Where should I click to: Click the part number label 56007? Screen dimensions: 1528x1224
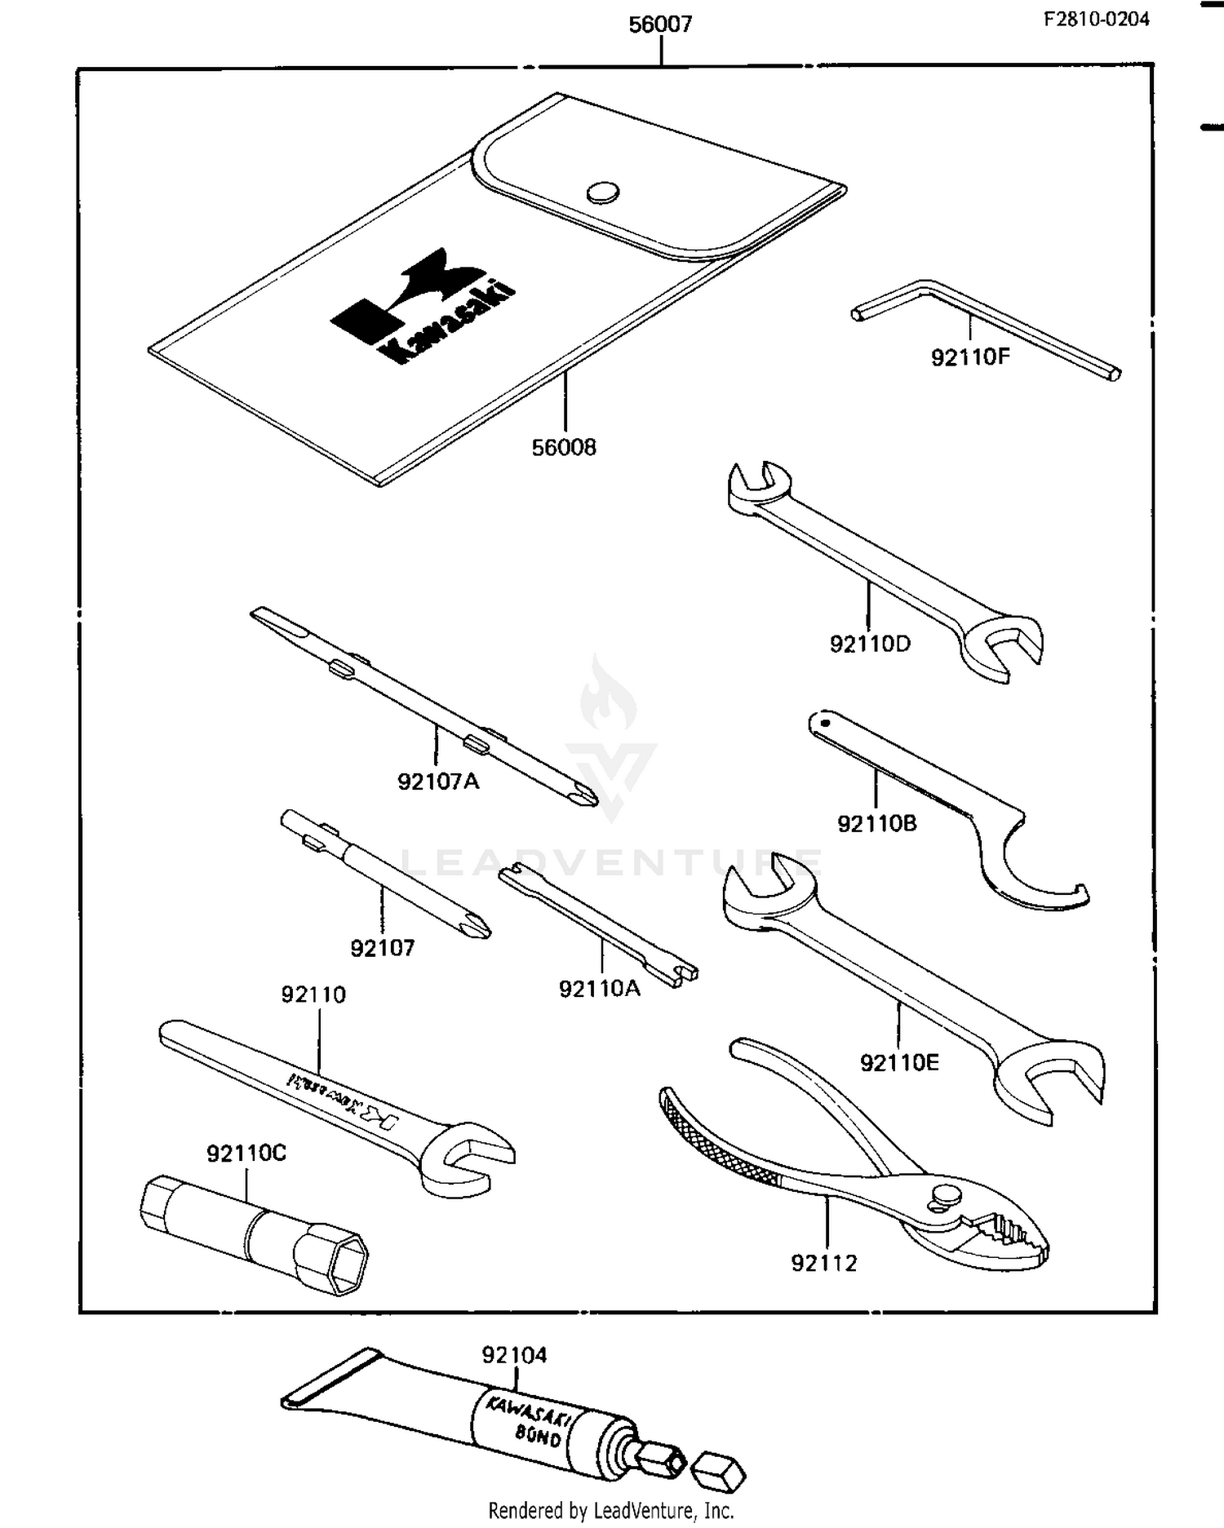point(660,24)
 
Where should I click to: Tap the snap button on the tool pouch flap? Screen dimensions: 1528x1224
point(602,193)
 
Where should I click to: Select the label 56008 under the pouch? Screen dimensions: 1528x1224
point(564,447)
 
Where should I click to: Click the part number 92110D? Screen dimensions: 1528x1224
point(870,644)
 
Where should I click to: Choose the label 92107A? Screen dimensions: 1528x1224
point(438,782)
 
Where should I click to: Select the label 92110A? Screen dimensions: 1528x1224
point(600,989)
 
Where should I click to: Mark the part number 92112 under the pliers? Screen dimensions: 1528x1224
point(824,1263)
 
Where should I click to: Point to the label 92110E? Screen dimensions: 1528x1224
point(899,1062)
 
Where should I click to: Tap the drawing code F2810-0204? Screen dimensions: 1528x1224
point(1096,19)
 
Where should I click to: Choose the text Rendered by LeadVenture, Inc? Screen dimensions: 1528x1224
point(611,1510)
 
